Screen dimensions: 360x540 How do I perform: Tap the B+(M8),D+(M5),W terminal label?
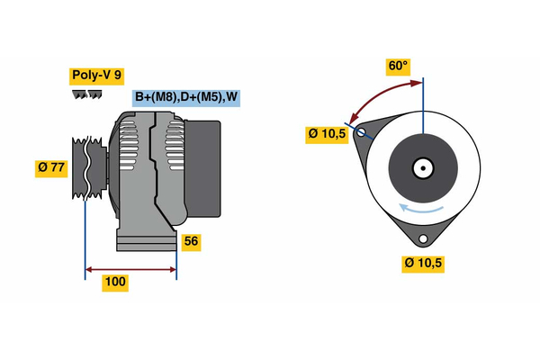tap(187, 97)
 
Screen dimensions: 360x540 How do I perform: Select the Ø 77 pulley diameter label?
tap(51, 168)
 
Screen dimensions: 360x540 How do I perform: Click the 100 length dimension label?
tap(115, 283)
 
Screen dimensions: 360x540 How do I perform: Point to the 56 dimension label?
tap(190, 241)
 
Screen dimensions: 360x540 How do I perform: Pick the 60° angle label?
tap(398, 66)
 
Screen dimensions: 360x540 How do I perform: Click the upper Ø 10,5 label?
tap(327, 134)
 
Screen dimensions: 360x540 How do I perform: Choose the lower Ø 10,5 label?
tap(425, 263)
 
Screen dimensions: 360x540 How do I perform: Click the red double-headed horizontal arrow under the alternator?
tap(130, 268)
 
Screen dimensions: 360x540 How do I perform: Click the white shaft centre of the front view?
tap(422, 168)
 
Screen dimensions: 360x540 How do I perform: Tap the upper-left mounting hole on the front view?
tap(362, 133)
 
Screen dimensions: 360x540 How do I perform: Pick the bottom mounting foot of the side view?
tap(144, 240)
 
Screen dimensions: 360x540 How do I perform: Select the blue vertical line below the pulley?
tap(85, 234)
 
